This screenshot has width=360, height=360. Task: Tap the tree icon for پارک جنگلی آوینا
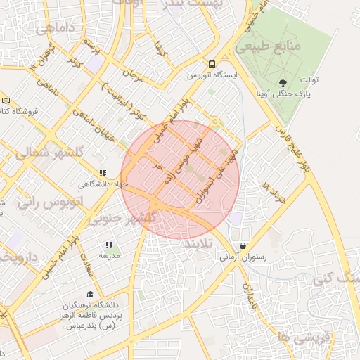pyautogui.click(x=283, y=83)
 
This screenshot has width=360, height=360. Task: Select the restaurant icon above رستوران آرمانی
pyautogui.click(x=243, y=247)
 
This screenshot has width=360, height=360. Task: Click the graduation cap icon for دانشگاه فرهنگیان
pyautogui.click(x=89, y=295)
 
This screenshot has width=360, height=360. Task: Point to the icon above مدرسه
pyautogui.click(x=109, y=245)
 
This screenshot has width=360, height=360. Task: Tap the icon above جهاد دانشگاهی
pyautogui.click(x=103, y=173)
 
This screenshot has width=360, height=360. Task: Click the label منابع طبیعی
pyautogui.click(x=269, y=46)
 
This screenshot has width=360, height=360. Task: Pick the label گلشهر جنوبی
pyautogui.click(x=129, y=219)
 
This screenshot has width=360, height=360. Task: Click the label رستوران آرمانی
pyautogui.click(x=243, y=258)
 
